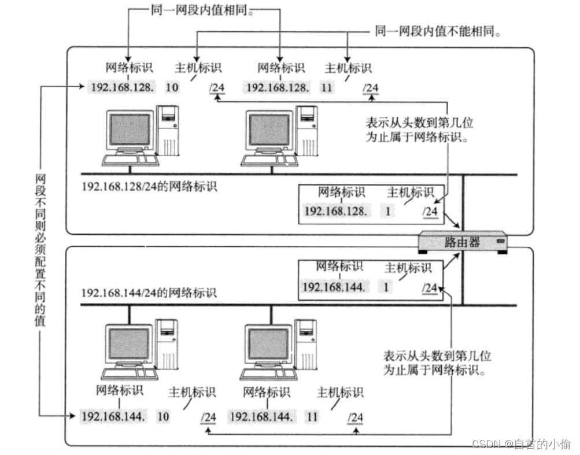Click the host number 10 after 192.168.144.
coord(163,416)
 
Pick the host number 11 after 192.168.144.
coord(312,416)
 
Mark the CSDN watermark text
coord(521,444)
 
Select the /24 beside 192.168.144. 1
coord(429,287)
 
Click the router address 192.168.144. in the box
coord(334,287)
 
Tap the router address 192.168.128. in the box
coord(335,212)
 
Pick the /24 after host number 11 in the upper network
coord(370,88)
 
